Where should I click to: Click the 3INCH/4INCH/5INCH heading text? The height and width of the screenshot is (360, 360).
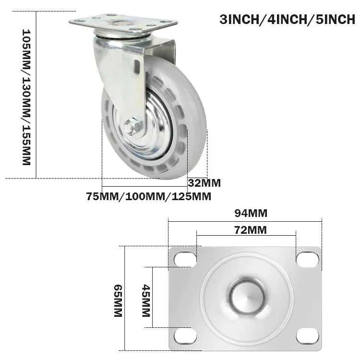coord(288,20)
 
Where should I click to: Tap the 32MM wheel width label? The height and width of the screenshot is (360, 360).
coord(204,182)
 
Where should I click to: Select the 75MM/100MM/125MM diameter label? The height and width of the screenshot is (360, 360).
coord(149,196)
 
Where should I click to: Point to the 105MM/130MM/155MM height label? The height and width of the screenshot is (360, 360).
coord(26,96)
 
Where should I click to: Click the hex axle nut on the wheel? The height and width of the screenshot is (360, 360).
coord(130,128)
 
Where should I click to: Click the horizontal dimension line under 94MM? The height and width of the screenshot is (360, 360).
coord(245,221)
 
